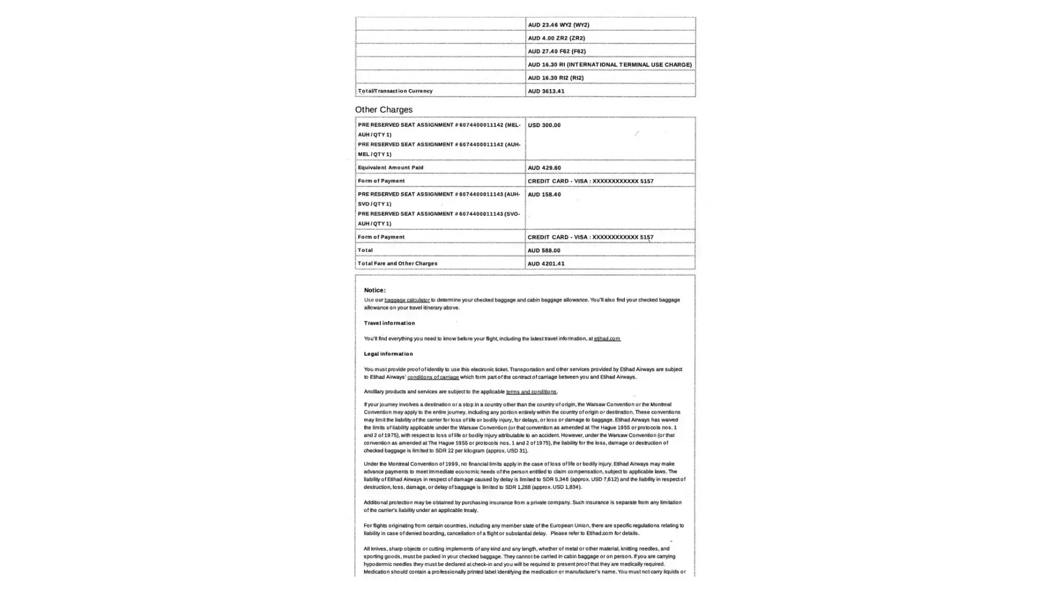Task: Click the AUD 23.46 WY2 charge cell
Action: click(558, 25)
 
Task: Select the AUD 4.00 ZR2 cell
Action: click(556, 38)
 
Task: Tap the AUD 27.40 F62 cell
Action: click(557, 51)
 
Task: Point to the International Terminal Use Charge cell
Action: click(609, 65)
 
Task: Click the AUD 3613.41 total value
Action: click(546, 91)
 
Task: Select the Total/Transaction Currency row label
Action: click(395, 91)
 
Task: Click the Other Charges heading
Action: click(383, 110)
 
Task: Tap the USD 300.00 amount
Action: click(544, 125)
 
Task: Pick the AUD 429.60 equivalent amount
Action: click(544, 168)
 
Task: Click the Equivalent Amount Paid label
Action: click(390, 168)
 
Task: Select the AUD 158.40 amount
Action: click(544, 195)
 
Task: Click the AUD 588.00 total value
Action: click(544, 251)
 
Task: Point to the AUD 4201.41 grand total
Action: click(546, 264)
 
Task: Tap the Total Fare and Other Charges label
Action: click(398, 263)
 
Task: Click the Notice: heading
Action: click(374, 290)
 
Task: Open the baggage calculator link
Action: click(406, 300)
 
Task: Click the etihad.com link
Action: click(607, 339)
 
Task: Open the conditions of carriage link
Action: click(433, 377)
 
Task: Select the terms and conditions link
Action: click(531, 392)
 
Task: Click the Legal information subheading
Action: click(388, 354)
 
